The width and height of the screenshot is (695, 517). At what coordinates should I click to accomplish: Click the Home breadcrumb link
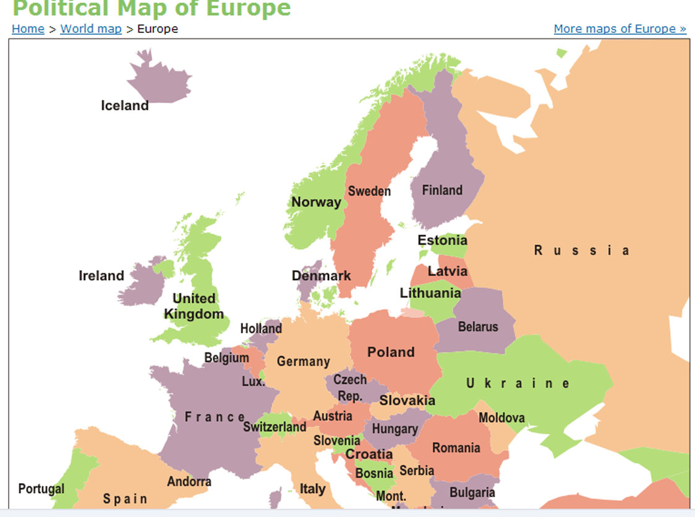click(28, 28)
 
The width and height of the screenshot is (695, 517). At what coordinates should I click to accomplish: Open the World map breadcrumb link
click(91, 28)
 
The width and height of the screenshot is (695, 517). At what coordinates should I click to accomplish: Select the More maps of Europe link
click(620, 28)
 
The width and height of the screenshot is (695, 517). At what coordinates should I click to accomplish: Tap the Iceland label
click(125, 106)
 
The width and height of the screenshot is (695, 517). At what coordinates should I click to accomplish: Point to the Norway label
click(316, 202)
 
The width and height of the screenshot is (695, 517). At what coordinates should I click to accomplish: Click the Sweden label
click(369, 191)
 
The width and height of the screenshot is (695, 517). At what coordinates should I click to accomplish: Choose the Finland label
click(442, 190)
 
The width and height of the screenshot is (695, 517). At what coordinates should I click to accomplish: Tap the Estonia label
click(442, 240)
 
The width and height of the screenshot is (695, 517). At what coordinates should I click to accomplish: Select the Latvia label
click(448, 271)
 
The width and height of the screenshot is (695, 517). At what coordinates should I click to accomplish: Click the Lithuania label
click(430, 293)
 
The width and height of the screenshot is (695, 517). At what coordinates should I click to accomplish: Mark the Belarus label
click(478, 327)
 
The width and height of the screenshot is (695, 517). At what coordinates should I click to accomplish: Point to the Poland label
click(391, 352)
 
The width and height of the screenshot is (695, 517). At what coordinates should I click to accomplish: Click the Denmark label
click(321, 276)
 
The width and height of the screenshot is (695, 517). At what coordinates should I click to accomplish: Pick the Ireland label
click(101, 276)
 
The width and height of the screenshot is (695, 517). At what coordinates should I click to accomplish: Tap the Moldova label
click(501, 418)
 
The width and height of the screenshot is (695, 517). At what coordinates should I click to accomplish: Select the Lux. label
click(253, 382)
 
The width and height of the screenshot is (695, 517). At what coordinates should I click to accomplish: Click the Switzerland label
click(275, 427)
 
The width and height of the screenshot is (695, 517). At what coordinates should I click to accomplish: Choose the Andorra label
click(189, 481)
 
